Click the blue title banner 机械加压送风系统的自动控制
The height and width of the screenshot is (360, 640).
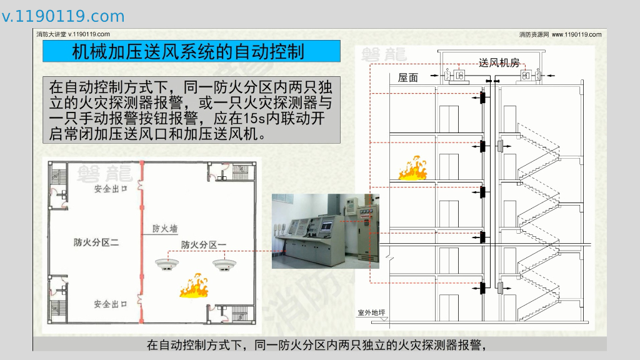[x=191, y=51]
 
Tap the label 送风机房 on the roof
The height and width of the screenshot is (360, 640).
[x=499, y=63]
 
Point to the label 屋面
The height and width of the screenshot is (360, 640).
[x=407, y=77]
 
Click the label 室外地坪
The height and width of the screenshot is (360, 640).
[x=371, y=312]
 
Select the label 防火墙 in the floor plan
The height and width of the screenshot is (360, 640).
[x=165, y=229]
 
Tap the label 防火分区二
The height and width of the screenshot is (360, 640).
[x=96, y=242]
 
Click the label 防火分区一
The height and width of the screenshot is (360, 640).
[x=204, y=245]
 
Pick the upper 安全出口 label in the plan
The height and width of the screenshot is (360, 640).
[x=111, y=189]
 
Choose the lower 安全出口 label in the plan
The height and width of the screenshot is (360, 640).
[x=110, y=304]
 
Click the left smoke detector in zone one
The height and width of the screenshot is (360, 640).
[x=166, y=264]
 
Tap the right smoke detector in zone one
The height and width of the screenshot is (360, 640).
[x=224, y=264]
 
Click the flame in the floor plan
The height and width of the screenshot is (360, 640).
[x=194, y=285]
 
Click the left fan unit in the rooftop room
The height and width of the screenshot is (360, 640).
[x=455, y=76]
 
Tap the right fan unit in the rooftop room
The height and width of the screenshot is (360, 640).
[x=530, y=76]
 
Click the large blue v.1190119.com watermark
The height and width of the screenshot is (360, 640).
[x=63, y=16]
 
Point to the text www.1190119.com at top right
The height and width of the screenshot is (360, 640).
[x=577, y=35]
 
